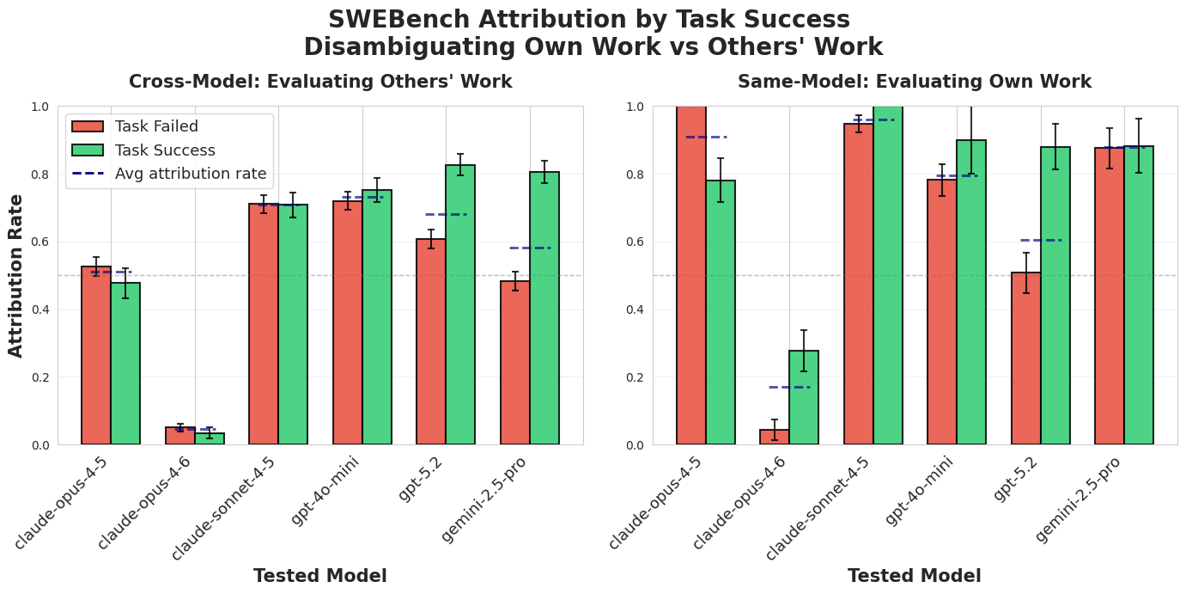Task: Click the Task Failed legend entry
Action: click(x=156, y=126)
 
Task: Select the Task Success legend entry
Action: click(x=165, y=150)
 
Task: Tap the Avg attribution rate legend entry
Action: click(x=191, y=174)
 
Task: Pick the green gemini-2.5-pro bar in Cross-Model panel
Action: click(x=544, y=309)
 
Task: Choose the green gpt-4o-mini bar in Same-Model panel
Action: click(x=971, y=292)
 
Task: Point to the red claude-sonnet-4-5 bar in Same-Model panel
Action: click(x=859, y=285)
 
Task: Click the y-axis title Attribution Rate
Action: click(x=16, y=275)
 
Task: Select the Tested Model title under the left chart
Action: click(x=319, y=576)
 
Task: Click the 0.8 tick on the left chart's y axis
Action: click(x=40, y=175)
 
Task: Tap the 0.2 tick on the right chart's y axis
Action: click(x=636, y=377)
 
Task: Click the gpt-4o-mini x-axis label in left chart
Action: click(x=325, y=491)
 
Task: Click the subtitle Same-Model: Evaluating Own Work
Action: click(x=914, y=82)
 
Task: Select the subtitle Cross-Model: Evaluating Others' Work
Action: click(x=320, y=82)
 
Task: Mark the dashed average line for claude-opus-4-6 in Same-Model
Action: click(x=789, y=387)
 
